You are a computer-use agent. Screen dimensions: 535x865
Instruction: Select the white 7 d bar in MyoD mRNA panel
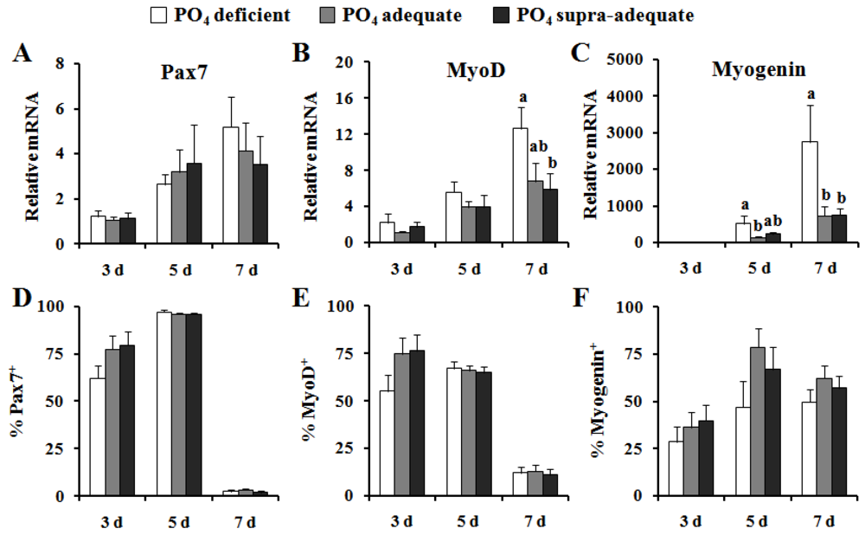click(x=522, y=185)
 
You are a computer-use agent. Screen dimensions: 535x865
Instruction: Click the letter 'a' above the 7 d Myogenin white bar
click(x=786, y=94)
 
